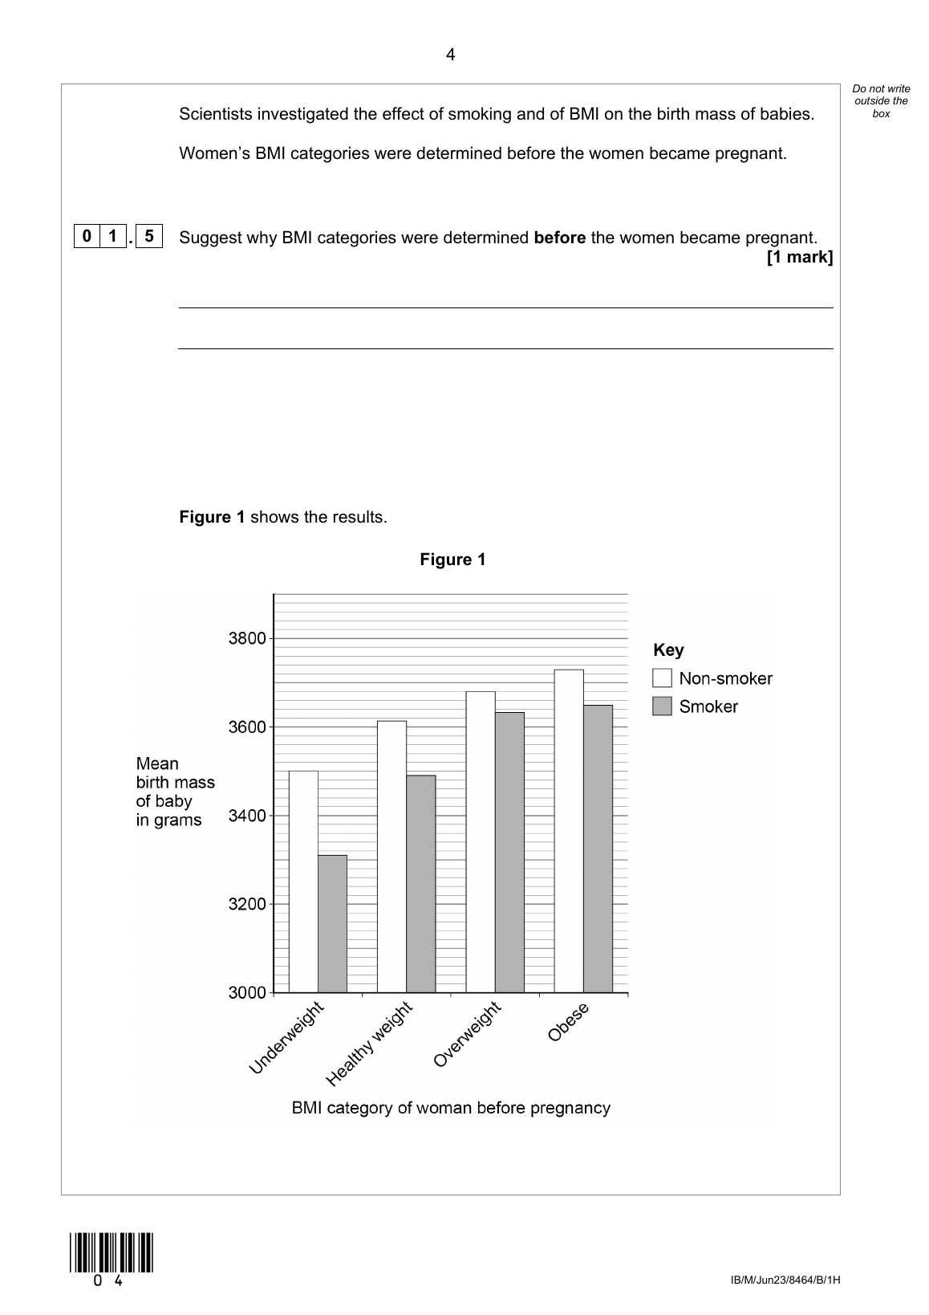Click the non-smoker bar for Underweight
(x=303, y=881)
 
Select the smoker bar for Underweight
(x=332, y=923)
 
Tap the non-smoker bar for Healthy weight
(x=391, y=857)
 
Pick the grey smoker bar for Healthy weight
(x=421, y=883)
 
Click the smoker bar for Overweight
(x=509, y=852)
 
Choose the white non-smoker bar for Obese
(x=569, y=831)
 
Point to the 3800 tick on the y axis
(x=247, y=639)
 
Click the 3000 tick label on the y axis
(x=247, y=993)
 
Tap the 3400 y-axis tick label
(x=247, y=816)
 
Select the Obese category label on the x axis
(x=568, y=1022)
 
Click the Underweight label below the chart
(x=286, y=1037)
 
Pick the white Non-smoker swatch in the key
(x=662, y=678)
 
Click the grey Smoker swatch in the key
(x=662, y=706)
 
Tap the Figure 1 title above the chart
(x=452, y=560)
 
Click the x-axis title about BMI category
(x=451, y=1108)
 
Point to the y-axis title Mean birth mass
(x=175, y=792)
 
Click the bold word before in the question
(x=559, y=238)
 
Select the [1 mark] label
(x=800, y=257)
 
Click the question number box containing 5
(x=149, y=237)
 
